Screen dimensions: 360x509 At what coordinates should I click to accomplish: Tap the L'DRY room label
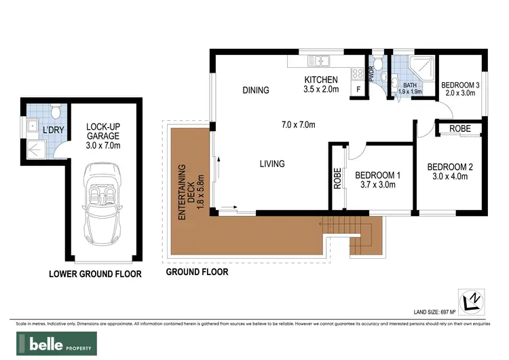pos(52,129)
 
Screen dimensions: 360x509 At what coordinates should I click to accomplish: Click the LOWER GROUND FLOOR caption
pos(95,274)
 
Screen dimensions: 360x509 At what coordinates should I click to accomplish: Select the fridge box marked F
pos(358,89)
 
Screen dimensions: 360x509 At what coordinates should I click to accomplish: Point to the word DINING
pos(256,90)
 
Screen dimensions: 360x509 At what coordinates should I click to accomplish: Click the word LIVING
pos(271,164)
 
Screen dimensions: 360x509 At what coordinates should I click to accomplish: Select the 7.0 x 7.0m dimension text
pos(299,124)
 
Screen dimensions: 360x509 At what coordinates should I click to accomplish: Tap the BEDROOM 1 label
pos(378,179)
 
